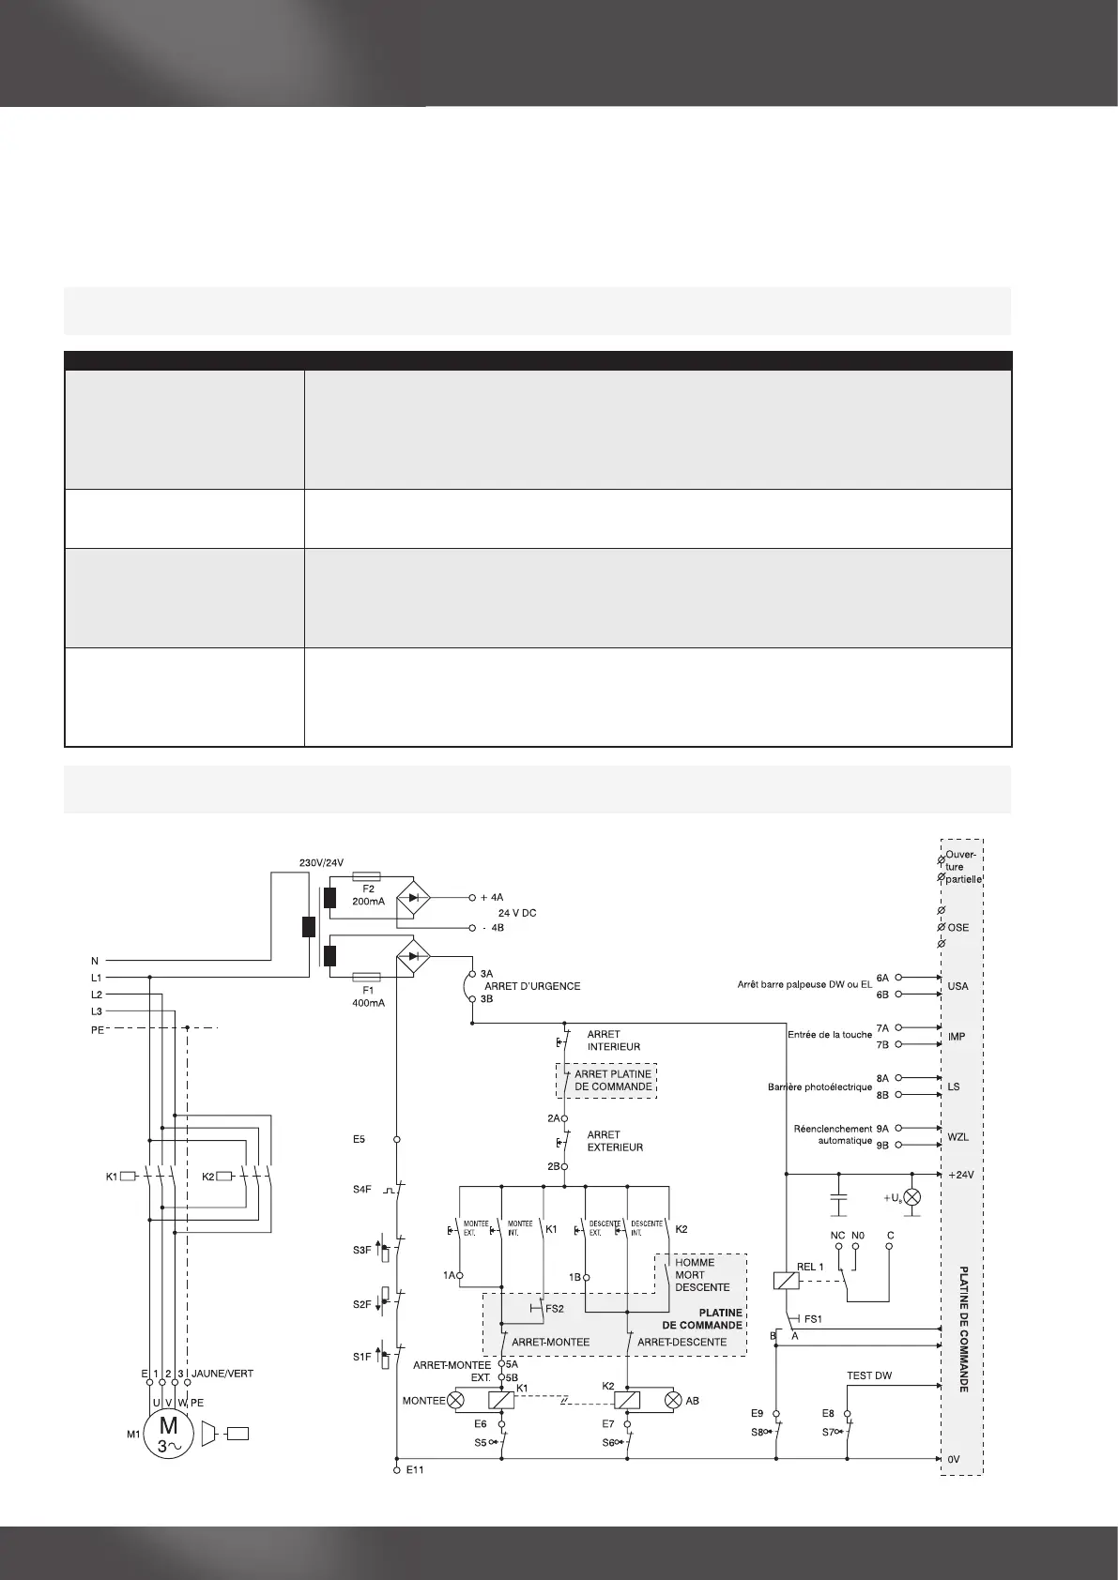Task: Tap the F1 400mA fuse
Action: pyautogui.click(x=363, y=977)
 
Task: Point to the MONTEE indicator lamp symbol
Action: pyautogui.click(x=457, y=1400)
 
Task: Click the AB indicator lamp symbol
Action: pyautogui.click(x=672, y=1400)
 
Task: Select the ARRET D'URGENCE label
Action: pyautogui.click(x=532, y=986)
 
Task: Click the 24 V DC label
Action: pyautogui.click(x=516, y=913)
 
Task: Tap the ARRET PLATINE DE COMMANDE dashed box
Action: pyautogui.click(x=607, y=1081)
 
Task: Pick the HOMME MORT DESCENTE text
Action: pyautogui.click(x=701, y=1274)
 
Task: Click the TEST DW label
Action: pyautogui.click(x=869, y=1375)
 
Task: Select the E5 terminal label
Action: pyautogui.click(x=359, y=1139)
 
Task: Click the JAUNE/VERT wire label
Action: pyautogui.click(x=222, y=1373)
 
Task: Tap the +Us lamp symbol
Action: pyautogui.click(x=909, y=1199)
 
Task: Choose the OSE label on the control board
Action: pyautogui.click(x=957, y=928)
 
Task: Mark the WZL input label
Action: pyautogui.click(x=957, y=1137)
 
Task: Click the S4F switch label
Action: pyautogui.click(x=362, y=1190)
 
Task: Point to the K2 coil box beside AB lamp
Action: pyautogui.click(x=627, y=1400)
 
